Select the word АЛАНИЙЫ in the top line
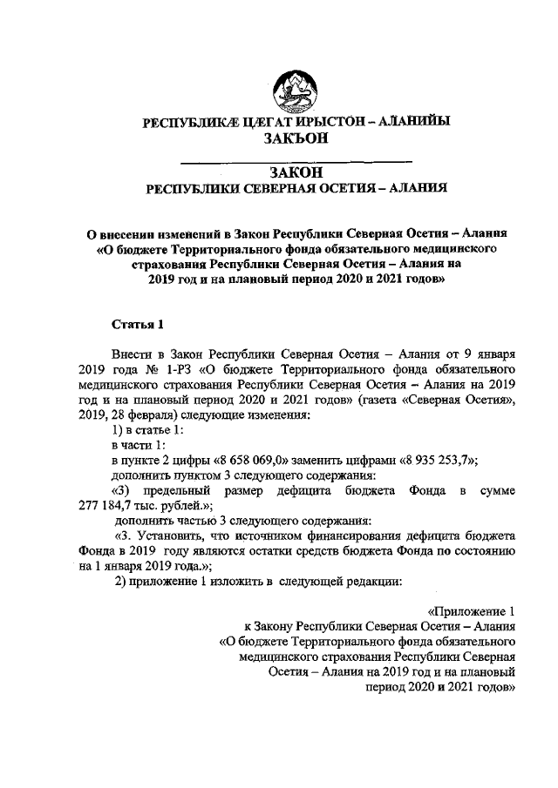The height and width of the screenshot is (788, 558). point(412,123)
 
